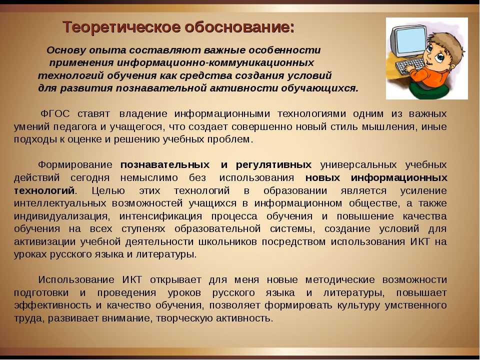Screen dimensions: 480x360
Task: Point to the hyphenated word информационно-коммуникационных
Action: (x=215, y=63)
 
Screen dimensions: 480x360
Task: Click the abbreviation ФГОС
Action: (x=55, y=114)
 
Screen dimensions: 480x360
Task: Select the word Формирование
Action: (x=75, y=165)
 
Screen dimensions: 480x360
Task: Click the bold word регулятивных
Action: (x=273, y=165)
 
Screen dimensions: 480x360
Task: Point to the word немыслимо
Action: (x=149, y=178)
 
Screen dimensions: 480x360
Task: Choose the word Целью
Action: (x=108, y=190)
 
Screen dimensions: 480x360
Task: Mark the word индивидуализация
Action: (x=61, y=216)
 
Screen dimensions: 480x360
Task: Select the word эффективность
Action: (x=52, y=305)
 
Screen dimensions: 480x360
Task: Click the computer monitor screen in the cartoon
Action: (x=410, y=40)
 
